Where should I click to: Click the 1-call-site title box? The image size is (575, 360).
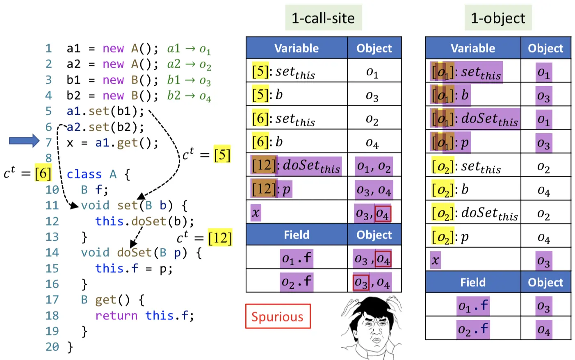323,18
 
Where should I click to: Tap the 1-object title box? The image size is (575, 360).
498,18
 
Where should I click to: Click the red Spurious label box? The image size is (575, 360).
278,316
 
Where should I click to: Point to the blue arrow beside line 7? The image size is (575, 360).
24,141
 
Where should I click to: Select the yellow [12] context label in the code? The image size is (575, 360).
220,238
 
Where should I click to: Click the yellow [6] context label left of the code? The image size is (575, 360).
43,173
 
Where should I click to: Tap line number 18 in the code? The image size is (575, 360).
52,315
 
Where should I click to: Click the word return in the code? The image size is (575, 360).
116,315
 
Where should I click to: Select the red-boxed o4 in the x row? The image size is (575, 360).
382,214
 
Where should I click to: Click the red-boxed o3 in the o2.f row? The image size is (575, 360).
361,283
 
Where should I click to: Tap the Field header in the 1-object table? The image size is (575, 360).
472,282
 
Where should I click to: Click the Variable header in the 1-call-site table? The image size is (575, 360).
296,48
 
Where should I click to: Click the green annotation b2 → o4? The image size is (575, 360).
189,96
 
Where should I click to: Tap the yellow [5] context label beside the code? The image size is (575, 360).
222,155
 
